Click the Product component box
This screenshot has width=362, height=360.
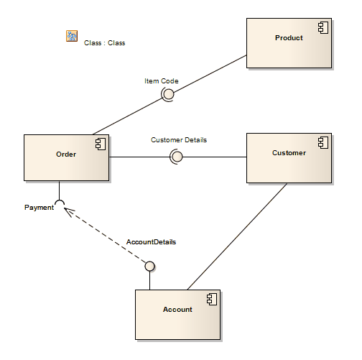point(289,43)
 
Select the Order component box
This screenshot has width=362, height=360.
point(66,157)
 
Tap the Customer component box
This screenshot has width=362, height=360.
point(289,157)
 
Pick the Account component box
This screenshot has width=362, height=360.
point(177,314)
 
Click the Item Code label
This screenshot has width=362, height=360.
point(161,81)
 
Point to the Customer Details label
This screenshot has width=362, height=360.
point(178,139)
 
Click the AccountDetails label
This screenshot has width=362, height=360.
point(151,242)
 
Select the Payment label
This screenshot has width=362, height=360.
point(39,208)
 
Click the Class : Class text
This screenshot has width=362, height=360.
point(104,43)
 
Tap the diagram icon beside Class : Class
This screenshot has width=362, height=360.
point(72,36)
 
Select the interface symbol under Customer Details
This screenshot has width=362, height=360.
point(176,157)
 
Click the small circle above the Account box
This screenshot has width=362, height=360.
point(149,267)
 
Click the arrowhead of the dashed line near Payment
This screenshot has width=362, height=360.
point(66,210)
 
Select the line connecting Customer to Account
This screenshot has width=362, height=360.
point(237,236)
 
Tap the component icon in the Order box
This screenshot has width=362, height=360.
point(100,144)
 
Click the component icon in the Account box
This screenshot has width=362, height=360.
point(211,299)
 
